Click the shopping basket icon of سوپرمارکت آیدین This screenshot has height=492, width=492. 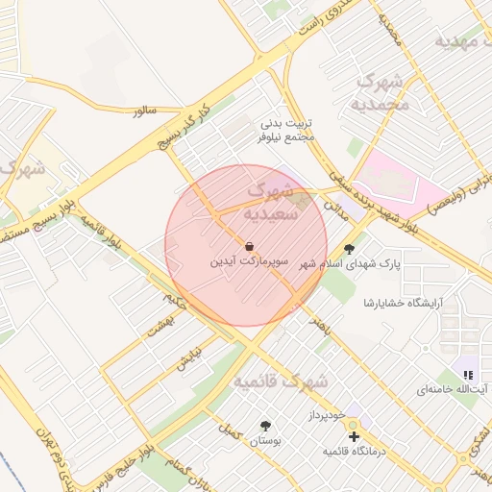click(250, 246)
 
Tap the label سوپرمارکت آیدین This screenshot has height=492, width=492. click(250, 261)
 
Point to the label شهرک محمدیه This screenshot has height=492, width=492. click(380, 93)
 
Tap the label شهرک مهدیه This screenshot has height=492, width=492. click(463, 41)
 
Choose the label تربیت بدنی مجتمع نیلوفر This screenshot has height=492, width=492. click(287, 131)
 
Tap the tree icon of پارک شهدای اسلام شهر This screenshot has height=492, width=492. click(363, 245)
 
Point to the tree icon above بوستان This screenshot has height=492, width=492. click(265, 425)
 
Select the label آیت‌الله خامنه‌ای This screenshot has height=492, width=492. click(453, 390)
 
